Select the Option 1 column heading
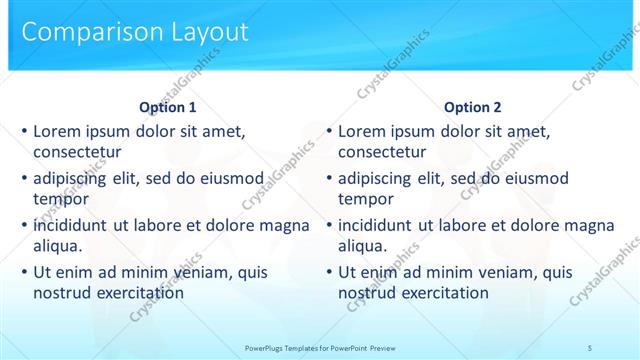click(168, 107)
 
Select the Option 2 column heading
click(473, 107)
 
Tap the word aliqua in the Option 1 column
click(58, 246)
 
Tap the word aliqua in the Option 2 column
click(363, 246)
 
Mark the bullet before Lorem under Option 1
click(24, 131)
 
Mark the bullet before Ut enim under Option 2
click(329, 272)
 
